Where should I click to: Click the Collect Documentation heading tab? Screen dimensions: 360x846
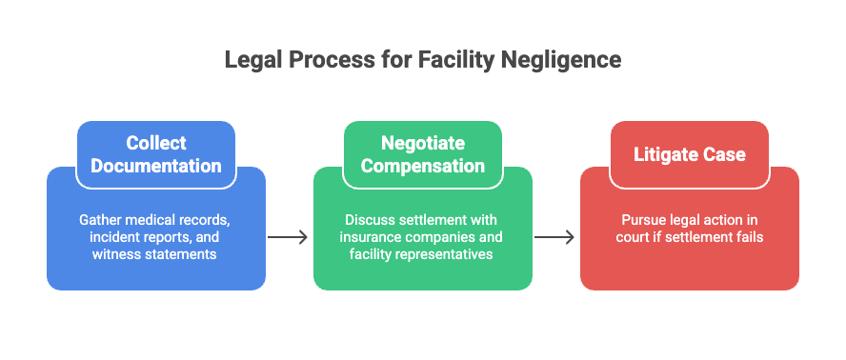pos(156,154)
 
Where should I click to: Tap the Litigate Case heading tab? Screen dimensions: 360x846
pos(689,154)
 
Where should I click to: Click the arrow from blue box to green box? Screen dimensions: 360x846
pos(288,236)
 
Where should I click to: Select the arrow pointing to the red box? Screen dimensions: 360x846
pos(554,236)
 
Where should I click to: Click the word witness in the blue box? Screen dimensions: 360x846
pos(115,254)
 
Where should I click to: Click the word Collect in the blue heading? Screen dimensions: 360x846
pos(156,144)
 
